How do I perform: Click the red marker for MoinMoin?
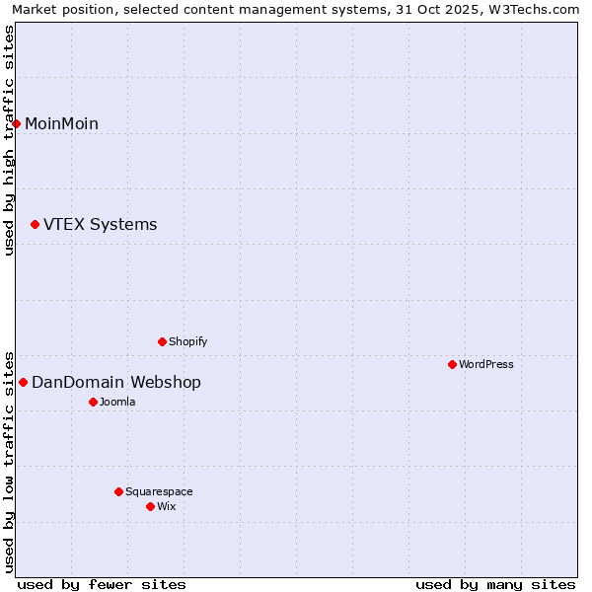point(16,123)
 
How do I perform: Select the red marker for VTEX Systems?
point(35,225)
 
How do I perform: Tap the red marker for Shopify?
point(162,341)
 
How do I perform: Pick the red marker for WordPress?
point(452,364)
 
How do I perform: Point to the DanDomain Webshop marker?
point(23,382)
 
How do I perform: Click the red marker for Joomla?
point(93,402)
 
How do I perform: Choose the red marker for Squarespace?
point(118,491)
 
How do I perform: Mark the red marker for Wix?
point(150,506)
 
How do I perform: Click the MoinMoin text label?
point(61,123)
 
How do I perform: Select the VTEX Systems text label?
point(100,225)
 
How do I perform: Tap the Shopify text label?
point(187,341)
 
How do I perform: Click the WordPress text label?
point(485,364)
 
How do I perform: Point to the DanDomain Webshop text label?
point(115,382)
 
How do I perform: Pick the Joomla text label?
point(116,402)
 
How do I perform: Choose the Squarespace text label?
point(159,491)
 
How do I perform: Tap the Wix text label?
point(166,506)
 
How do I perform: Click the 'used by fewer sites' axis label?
point(102,584)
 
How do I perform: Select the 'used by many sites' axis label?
point(495,584)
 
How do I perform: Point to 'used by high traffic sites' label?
point(10,140)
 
